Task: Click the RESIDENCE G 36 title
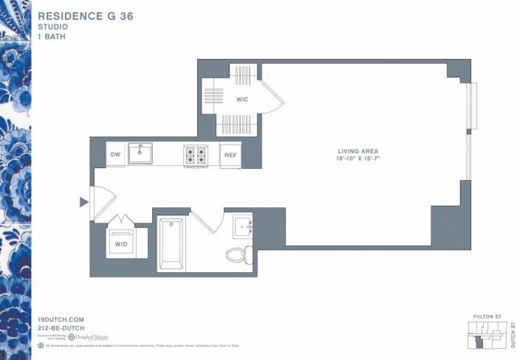point(85,16)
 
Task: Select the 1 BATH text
point(52,37)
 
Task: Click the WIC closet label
point(242,99)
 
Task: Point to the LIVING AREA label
point(358,151)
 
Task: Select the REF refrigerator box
point(230,155)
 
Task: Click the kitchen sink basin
point(140,154)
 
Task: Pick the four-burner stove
point(195,156)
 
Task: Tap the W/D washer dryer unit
point(120,243)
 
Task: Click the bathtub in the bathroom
point(171,244)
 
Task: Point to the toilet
point(239,254)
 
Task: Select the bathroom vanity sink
point(242,226)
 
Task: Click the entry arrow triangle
point(84,202)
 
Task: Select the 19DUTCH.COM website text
point(60,320)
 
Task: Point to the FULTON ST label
point(487,317)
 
